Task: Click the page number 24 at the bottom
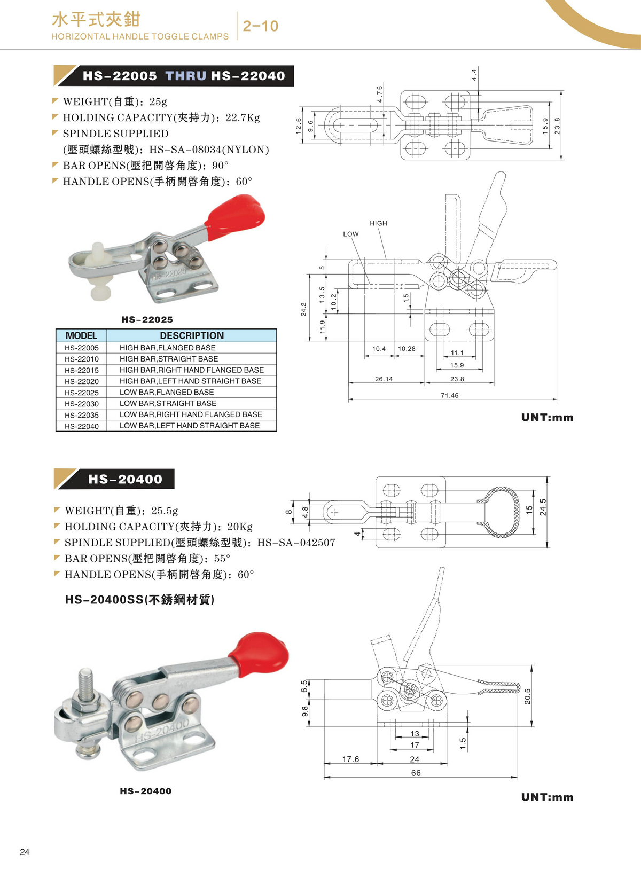25,852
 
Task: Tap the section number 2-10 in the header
261,26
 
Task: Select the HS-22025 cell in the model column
82,393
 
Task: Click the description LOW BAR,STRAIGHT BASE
168,403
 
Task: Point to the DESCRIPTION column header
192,335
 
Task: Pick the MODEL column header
81,335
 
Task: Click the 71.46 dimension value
449,395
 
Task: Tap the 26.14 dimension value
384,379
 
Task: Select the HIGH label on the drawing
378,223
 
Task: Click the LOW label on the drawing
351,234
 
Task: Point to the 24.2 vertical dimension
303,309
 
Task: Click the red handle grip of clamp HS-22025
235,214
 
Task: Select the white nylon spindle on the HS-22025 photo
99,272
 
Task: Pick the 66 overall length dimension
416,773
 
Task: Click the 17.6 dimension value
350,759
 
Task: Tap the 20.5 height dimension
528,696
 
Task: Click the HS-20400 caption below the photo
146,791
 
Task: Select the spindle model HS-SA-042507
296,543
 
